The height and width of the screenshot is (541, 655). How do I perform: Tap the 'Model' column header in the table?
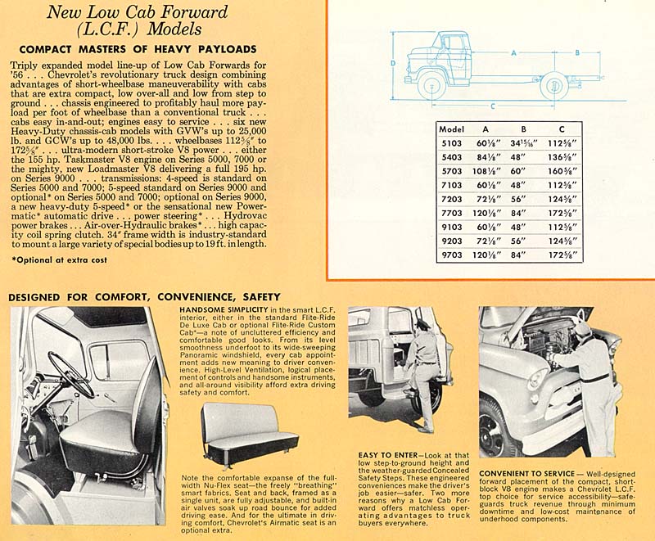(x=452, y=128)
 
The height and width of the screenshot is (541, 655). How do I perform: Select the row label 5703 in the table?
(x=452, y=171)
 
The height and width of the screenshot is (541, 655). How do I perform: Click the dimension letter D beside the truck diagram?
(x=394, y=63)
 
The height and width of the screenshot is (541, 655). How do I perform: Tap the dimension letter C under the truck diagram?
(x=492, y=106)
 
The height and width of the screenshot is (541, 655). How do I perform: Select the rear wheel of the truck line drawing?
(x=553, y=84)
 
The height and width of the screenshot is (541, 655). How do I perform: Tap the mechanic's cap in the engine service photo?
(x=582, y=328)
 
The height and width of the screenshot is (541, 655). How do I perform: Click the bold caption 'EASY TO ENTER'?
(x=387, y=454)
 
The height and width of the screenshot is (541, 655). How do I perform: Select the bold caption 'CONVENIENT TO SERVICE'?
(x=528, y=473)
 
